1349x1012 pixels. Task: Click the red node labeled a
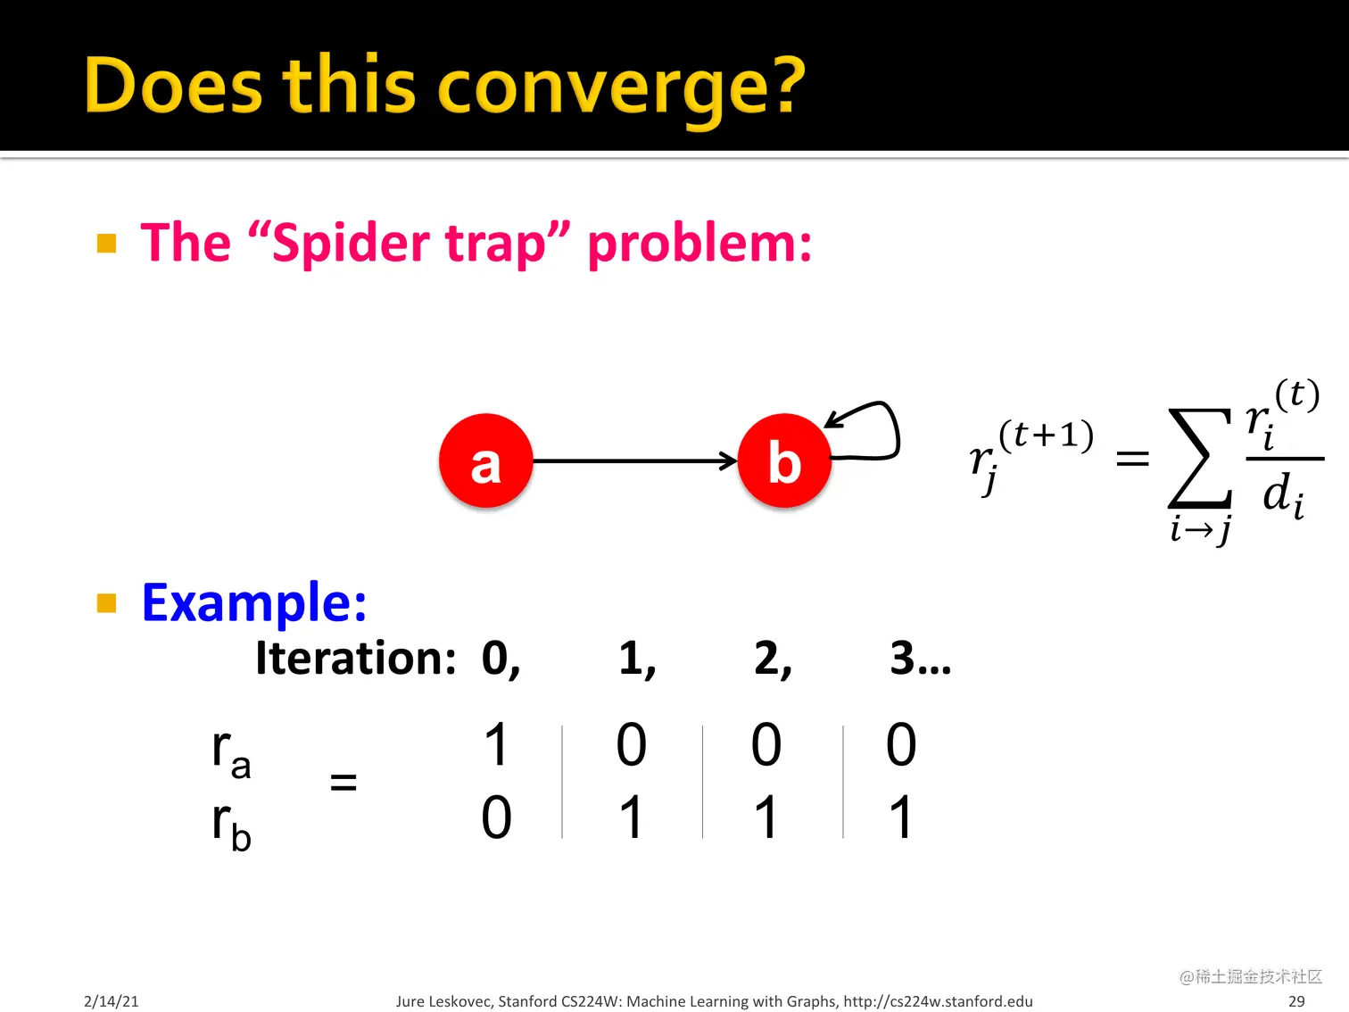click(x=485, y=460)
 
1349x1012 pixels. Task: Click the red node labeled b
click(x=784, y=460)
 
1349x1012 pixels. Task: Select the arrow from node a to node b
click(x=635, y=460)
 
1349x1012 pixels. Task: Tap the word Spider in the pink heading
click(x=352, y=244)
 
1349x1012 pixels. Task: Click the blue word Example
click(x=253, y=602)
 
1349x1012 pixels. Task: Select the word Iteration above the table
click(x=355, y=658)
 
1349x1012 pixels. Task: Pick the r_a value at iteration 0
click(x=495, y=744)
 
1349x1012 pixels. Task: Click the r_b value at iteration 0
click(x=496, y=817)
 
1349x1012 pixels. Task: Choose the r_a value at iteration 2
click(x=766, y=744)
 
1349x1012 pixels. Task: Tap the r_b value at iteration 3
click(x=901, y=817)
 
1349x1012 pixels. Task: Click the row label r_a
click(x=231, y=753)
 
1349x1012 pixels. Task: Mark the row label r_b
click(x=231, y=825)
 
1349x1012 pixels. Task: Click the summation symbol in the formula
click(x=1200, y=458)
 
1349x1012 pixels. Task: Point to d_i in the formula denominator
click(x=1283, y=495)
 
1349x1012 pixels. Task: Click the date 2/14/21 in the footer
click(x=112, y=1001)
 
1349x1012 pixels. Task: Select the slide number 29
click(x=1296, y=1001)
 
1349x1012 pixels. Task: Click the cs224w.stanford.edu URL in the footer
click(x=938, y=1001)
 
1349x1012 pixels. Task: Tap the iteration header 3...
click(x=902, y=658)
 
